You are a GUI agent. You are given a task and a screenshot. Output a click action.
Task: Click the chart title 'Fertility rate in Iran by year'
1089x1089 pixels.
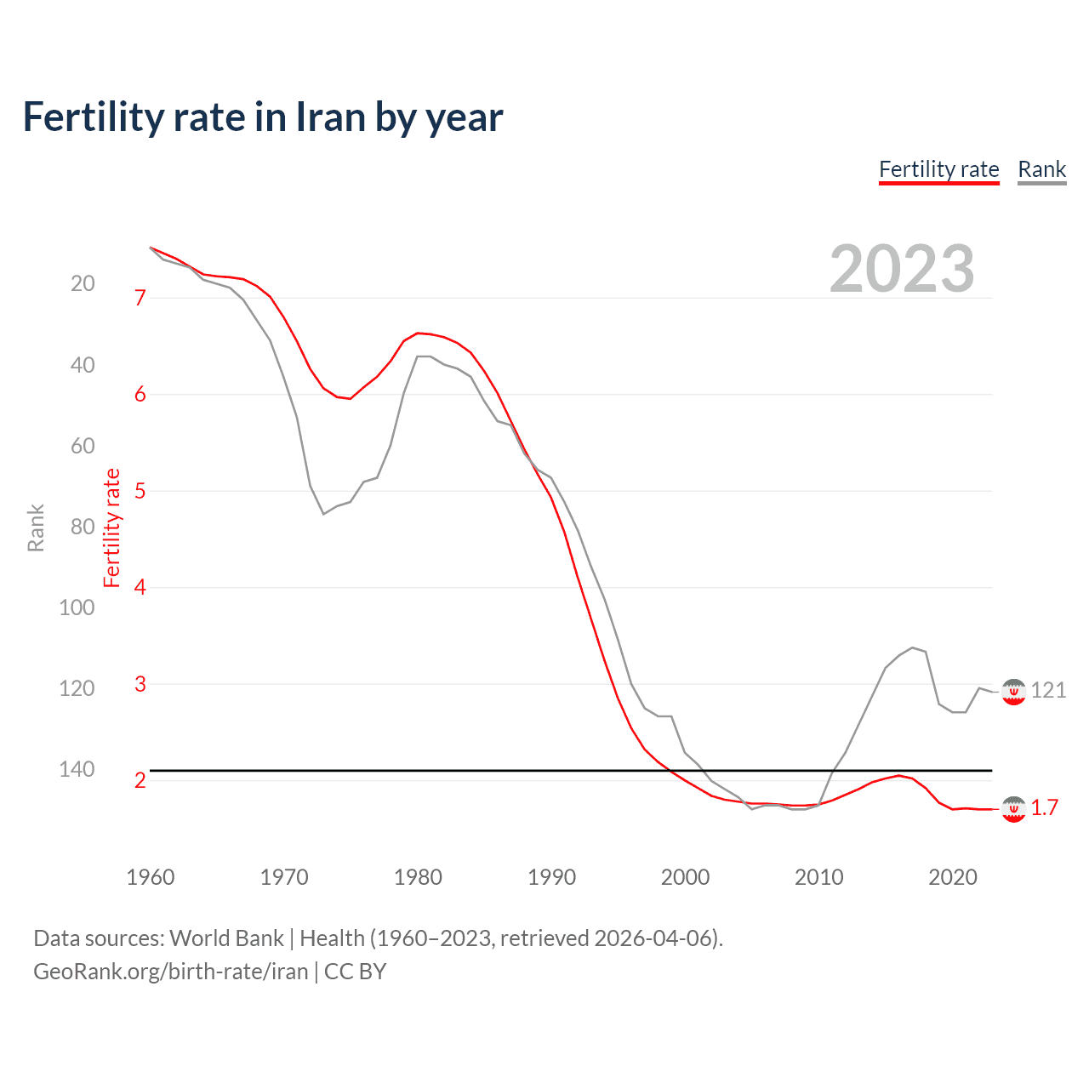263,117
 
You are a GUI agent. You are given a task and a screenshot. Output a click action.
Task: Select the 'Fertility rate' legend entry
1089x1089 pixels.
938,169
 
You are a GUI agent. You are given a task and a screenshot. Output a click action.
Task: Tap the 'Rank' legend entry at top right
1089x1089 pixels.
1041,169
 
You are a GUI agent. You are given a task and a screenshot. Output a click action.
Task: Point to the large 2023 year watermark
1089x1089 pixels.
902,269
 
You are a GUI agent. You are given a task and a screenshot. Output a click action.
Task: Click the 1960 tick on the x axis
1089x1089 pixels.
151,877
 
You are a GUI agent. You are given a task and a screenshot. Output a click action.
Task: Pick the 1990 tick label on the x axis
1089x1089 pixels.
551,877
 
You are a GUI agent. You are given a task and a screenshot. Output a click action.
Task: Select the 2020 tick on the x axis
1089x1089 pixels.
952,877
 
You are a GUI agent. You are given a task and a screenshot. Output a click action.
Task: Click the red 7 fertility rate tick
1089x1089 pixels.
140,298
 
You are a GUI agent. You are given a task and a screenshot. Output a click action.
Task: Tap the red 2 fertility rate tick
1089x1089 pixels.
140,780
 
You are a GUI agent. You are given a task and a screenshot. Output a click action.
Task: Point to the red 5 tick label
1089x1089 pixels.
140,491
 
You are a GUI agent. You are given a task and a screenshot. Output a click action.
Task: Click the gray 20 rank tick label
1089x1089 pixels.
83,283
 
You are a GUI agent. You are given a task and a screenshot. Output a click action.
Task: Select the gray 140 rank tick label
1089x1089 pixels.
77,769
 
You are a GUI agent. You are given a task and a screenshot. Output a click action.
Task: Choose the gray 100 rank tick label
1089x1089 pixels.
77,607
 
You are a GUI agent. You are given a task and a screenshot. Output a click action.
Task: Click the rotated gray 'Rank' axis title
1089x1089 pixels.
36,527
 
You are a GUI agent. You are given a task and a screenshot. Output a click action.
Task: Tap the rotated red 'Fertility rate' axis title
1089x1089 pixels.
111,527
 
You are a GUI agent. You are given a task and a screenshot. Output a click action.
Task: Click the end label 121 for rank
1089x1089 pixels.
1048,690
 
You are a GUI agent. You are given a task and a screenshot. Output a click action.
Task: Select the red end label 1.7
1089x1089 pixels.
1045,807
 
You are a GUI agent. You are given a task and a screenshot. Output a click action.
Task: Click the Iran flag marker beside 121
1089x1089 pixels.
1013,692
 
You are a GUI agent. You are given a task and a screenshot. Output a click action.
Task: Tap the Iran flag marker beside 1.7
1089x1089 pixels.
1013,809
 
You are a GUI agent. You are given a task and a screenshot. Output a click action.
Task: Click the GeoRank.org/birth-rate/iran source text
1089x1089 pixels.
171,971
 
